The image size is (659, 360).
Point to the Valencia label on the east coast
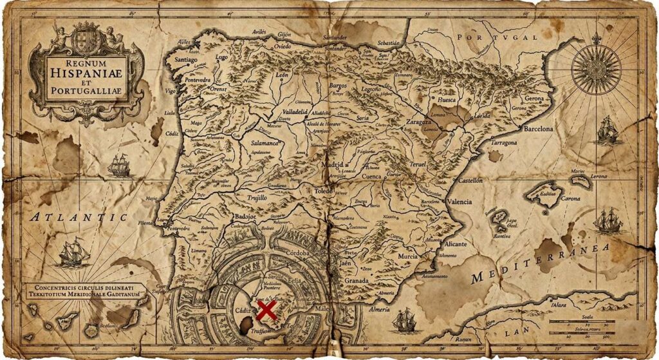[459, 202]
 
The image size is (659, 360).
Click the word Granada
[357, 281]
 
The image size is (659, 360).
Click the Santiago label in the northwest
[187, 59]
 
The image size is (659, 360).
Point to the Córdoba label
[298, 253]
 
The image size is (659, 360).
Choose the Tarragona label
[504, 142]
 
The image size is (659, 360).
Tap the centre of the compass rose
[596, 66]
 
